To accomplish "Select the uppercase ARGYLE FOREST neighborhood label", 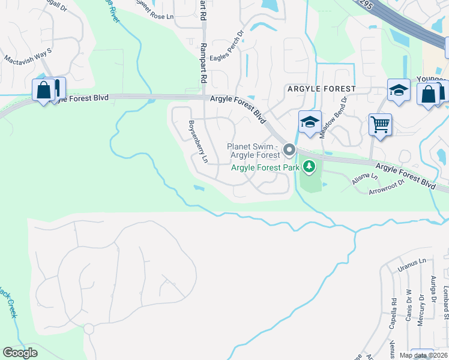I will pyautogui.click(x=322, y=89).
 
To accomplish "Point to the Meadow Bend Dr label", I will pyautogui.click(x=333, y=118).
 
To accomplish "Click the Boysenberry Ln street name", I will pyautogui.click(x=198, y=142).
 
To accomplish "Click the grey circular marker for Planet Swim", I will pyautogui.click(x=289, y=149).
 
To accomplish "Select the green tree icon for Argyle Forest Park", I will pyautogui.click(x=309, y=166).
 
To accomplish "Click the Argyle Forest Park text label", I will pyautogui.click(x=266, y=168).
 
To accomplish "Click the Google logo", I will pyautogui.click(x=20, y=353).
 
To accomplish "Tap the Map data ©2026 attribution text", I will pyautogui.click(x=423, y=355).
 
